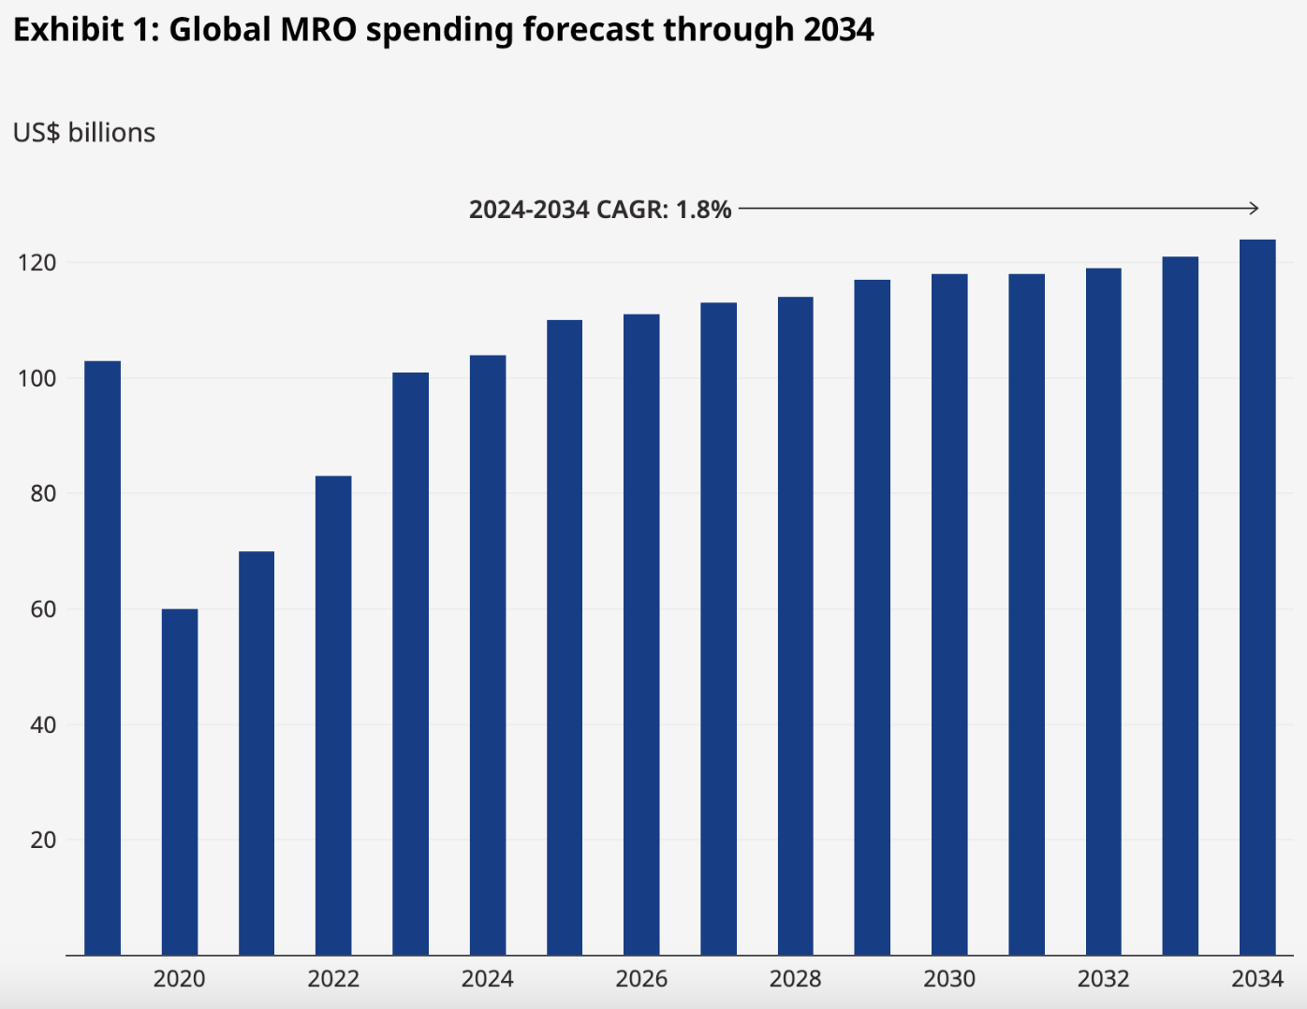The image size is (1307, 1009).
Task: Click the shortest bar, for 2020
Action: click(x=180, y=782)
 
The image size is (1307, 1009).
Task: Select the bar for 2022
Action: click(x=333, y=715)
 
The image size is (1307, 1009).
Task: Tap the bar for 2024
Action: click(x=488, y=655)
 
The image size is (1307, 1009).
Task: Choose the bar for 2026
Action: click(x=641, y=635)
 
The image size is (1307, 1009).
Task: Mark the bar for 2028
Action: click(x=796, y=626)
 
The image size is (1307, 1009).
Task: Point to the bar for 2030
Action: click(x=949, y=614)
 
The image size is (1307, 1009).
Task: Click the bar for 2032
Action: click(x=1104, y=611)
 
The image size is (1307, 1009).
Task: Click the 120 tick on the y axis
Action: click(x=37, y=263)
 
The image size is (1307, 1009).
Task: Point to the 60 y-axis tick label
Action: click(x=43, y=609)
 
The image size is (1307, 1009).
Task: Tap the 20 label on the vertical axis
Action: click(x=43, y=841)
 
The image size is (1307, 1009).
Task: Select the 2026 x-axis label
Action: click(x=641, y=979)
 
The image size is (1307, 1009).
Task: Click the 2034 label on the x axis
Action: click(x=1257, y=979)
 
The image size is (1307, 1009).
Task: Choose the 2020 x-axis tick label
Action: click(x=180, y=979)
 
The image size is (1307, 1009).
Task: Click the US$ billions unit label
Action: click(x=84, y=133)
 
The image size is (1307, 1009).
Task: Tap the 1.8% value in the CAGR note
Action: click(x=703, y=210)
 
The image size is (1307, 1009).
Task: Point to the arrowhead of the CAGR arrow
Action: click(x=1255, y=208)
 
